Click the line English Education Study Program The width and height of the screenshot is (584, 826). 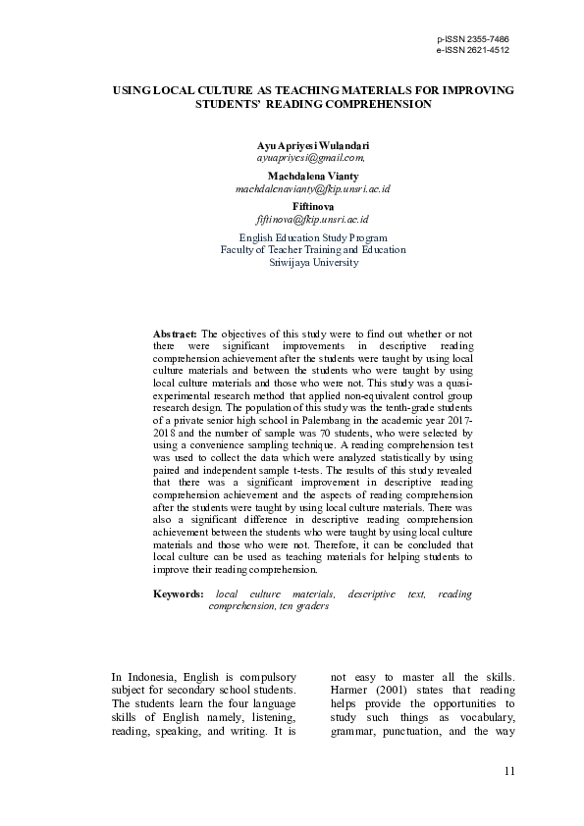coord(313,237)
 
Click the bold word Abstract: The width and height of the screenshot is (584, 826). coord(176,335)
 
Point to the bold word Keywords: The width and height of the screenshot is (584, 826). coord(179,594)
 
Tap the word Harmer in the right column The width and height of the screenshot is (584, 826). coord(348,691)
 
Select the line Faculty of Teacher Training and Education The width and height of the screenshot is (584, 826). coord(313,250)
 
